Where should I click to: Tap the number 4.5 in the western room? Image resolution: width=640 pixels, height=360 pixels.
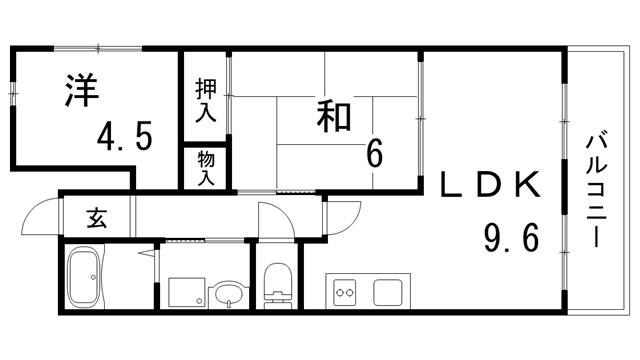(x=126, y=136)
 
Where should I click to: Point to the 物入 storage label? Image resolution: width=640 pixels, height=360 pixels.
(x=205, y=166)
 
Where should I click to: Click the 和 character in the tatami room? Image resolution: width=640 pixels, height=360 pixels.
(x=335, y=116)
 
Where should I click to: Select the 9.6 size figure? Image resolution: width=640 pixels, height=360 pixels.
(x=511, y=238)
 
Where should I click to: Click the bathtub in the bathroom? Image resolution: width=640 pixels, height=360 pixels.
(x=83, y=279)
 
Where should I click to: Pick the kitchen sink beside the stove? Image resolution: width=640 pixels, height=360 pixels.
(x=387, y=293)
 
